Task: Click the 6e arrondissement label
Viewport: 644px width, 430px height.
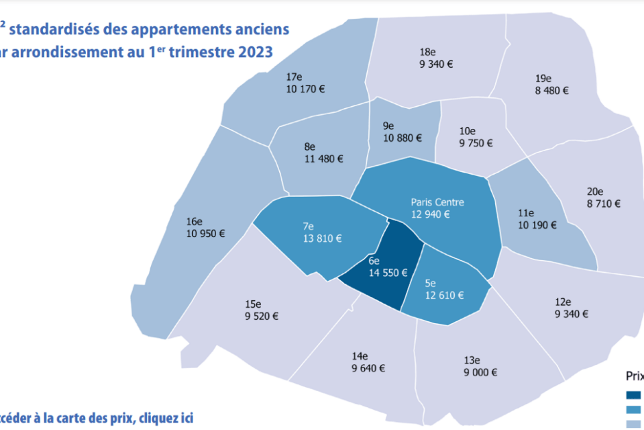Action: (x=374, y=261)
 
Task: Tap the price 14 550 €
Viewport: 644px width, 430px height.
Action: (x=388, y=273)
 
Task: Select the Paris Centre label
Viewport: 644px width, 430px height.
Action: (x=437, y=202)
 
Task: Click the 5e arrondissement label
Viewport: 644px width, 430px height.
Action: (x=431, y=284)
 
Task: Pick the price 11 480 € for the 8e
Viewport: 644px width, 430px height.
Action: (x=323, y=159)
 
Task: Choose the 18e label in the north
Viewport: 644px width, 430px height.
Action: (x=428, y=52)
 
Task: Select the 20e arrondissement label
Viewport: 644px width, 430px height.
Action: (x=595, y=191)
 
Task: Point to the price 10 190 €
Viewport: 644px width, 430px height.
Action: (x=537, y=225)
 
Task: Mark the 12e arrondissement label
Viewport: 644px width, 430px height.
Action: (x=562, y=302)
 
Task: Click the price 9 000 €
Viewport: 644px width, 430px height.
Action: (x=480, y=372)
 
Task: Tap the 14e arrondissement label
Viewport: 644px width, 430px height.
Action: (x=360, y=356)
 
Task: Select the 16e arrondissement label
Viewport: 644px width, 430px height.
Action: (x=195, y=221)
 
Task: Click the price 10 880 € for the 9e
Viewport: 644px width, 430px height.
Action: (x=402, y=138)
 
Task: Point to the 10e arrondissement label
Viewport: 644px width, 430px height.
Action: (x=467, y=131)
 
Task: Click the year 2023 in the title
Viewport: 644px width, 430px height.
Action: (x=254, y=52)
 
